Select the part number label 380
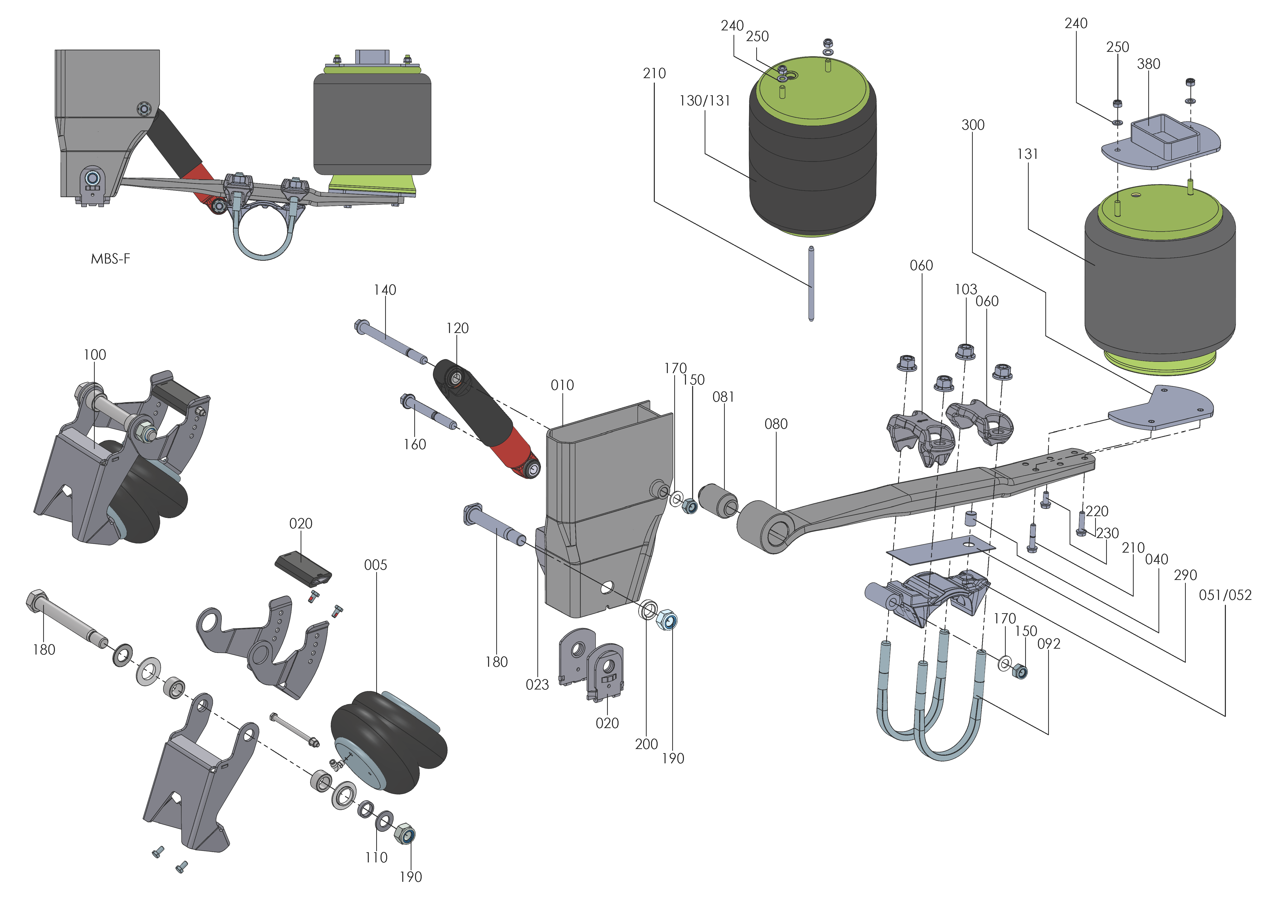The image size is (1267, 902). point(1148,64)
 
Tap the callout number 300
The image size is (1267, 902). point(973,125)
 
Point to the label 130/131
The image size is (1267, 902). point(704,101)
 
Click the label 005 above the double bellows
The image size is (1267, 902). point(375,565)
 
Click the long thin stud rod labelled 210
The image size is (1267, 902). point(811,283)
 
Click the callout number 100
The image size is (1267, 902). point(94,354)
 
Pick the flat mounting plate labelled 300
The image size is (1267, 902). point(1161,408)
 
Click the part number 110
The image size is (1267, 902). point(376,857)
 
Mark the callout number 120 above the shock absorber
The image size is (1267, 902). point(457,328)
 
